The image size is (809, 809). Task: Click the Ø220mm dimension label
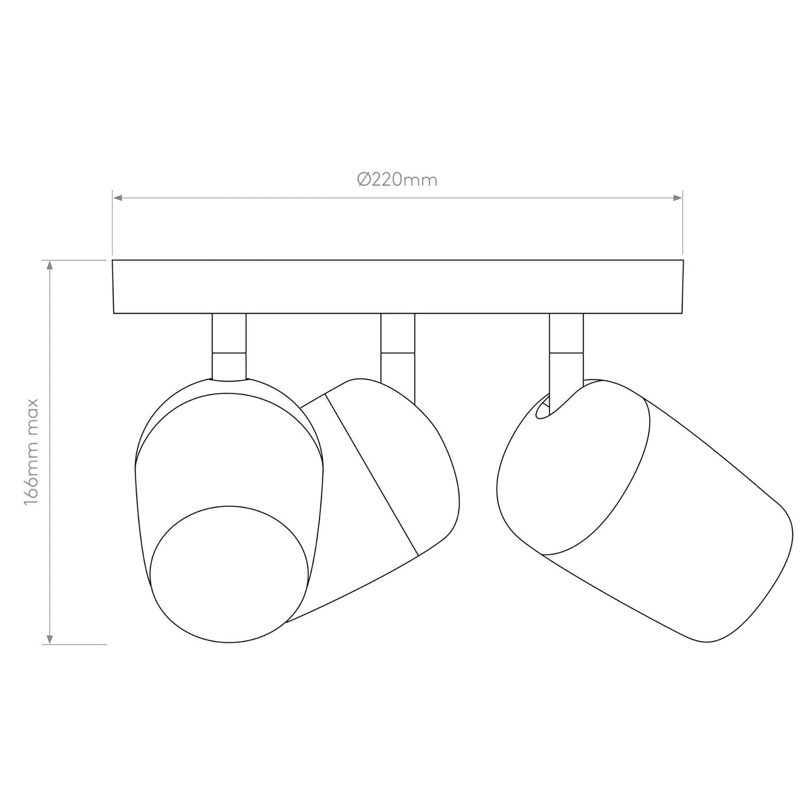coord(397,180)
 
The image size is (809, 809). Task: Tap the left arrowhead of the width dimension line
coord(117,198)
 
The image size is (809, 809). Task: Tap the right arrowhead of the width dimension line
coord(678,198)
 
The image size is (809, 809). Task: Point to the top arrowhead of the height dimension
coord(50,265)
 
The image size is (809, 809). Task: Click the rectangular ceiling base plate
coord(398,287)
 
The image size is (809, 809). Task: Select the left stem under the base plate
coord(229,347)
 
